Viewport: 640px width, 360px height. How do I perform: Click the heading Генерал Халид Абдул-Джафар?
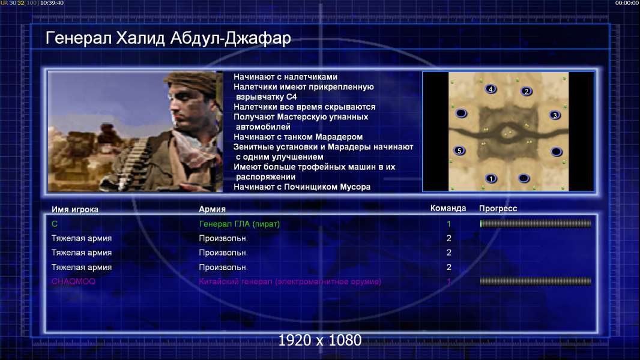(x=168, y=38)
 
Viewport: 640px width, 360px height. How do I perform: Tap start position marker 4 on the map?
(x=491, y=89)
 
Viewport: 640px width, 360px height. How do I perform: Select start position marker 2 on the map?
(x=526, y=91)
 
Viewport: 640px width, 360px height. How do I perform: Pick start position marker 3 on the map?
(x=555, y=115)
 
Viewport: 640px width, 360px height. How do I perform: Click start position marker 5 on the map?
(x=460, y=151)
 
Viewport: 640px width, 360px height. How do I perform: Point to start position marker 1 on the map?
(x=491, y=178)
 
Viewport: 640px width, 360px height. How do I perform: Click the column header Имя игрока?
(x=74, y=209)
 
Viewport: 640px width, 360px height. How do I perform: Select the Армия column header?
(x=213, y=209)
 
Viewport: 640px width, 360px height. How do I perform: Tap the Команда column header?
(x=448, y=208)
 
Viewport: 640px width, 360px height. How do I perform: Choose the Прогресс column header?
(x=498, y=209)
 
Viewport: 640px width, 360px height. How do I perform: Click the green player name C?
(x=55, y=224)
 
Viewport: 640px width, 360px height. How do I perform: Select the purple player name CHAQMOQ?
(x=73, y=281)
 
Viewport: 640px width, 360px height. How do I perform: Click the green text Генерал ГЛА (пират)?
(x=239, y=224)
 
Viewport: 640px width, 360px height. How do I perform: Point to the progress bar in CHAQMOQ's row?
(x=536, y=281)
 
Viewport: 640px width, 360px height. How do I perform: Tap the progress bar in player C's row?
(x=536, y=223)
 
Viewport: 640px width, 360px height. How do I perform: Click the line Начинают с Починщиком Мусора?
(x=302, y=187)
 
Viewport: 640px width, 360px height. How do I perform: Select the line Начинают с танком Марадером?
(x=298, y=137)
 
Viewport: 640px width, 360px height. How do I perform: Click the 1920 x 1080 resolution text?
(x=320, y=340)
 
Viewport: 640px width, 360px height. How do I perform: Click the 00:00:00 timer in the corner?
(x=627, y=3)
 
